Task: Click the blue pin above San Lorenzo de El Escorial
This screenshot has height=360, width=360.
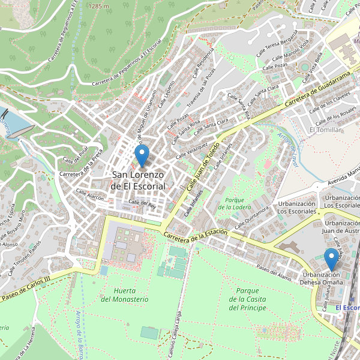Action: pyautogui.click(x=142, y=156)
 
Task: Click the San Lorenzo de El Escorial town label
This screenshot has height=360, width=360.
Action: pyautogui.click(x=139, y=181)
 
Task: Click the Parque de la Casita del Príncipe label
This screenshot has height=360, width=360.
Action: pyautogui.click(x=247, y=299)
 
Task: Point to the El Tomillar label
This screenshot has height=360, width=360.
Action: pyautogui.click(x=325, y=130)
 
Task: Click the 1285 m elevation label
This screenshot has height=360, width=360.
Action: pyautogui.click(x=99, y=5)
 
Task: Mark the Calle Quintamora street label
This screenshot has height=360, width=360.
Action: pyautogui.click(x=252, y=217)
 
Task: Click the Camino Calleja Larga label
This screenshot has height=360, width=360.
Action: pyautogui.click(x=178, y=332)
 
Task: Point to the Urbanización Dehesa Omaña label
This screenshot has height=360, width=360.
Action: pyautogui.click(x=322, y=279)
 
